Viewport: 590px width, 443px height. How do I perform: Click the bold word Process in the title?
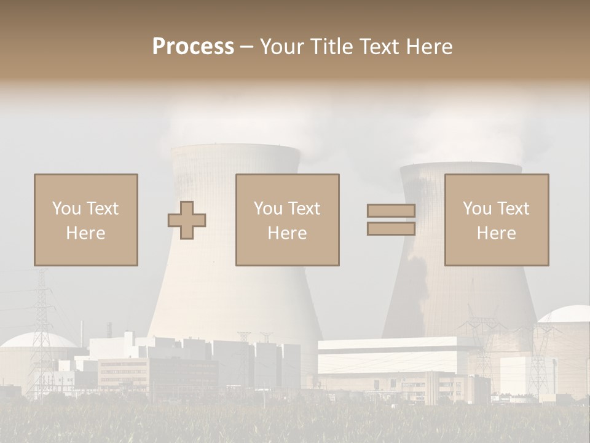click(x=193, y=47)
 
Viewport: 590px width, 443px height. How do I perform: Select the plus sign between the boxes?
click(x=187, y=220)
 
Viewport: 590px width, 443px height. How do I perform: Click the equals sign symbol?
click(x=391, y=220)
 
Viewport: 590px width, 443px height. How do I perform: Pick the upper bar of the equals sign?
click(x=391, y=211)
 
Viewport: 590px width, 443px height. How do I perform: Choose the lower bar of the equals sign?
click(x=391, y=229)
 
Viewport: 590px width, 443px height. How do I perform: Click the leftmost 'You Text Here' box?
click(x=85, y=220)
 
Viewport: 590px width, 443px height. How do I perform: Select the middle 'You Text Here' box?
click(x=287, y=220)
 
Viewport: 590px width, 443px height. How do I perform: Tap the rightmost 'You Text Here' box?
click(x=496, y=220)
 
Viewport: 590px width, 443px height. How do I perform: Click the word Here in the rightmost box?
click(x=496, y=233)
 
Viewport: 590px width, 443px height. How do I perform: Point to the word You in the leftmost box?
click(x=66, y=209)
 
